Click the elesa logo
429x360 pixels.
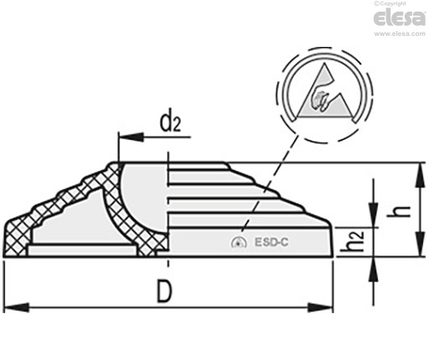(x=400, y=18)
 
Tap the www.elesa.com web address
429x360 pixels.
(x=400, y=33)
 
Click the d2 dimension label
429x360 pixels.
(x=170, y=123)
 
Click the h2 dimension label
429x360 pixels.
(x=353, y=241)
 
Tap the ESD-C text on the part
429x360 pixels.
(x=271, y=242)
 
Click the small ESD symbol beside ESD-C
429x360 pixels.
(x=239, y=242)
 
